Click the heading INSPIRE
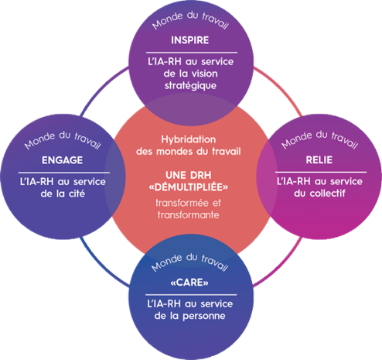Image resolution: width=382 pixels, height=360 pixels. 190,40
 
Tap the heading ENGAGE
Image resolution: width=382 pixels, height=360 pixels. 63,160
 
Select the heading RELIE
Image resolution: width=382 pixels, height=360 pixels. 319,160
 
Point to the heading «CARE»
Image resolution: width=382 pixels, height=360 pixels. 189,283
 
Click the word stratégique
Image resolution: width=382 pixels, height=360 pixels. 190,86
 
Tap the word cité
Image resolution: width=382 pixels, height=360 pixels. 77,194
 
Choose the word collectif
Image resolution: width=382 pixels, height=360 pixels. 327,194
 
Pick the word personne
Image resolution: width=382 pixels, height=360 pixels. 204,316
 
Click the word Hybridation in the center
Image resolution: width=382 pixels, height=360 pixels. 189,139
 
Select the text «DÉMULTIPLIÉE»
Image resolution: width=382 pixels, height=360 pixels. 189,187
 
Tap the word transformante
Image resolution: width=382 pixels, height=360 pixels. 189,214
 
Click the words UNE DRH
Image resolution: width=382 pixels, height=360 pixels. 189,175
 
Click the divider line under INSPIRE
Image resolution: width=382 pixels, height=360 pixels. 192,53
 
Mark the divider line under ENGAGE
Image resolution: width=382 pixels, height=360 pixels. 64,173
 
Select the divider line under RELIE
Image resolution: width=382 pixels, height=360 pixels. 321,172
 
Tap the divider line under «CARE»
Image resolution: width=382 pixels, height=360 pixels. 191,295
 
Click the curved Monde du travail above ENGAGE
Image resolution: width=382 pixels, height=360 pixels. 63,139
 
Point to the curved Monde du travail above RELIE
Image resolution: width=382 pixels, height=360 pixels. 319,139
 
